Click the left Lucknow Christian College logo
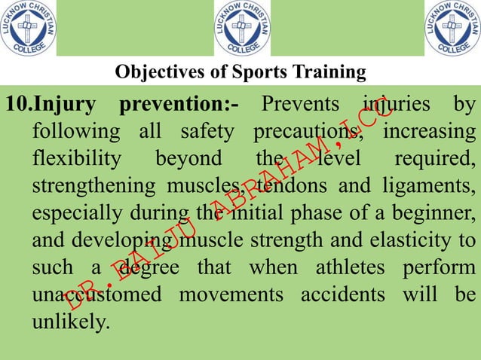27,28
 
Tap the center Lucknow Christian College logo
242,28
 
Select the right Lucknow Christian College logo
452,28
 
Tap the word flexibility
76,159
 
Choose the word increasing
430,131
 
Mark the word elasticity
420,240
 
